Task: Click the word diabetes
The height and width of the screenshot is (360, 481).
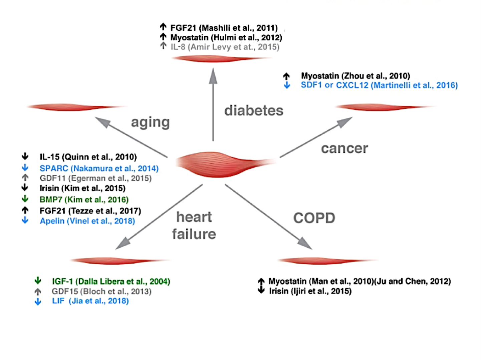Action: [x=254, y=110]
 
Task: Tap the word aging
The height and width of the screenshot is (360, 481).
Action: [x=150, y=123]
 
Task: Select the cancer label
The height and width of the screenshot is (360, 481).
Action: [x=344, y=149]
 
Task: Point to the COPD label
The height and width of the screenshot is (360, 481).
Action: [x=314, y=218]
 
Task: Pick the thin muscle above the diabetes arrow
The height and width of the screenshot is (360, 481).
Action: [x=221, y=59]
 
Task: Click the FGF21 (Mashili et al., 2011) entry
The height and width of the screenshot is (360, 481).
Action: [x=224, y=28]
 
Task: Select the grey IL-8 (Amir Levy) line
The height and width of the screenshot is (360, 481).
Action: [x=225, y=47]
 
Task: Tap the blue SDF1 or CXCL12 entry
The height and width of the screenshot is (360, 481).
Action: [x=379, y=85]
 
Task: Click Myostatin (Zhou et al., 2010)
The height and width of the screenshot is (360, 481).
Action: [x=355, y=76]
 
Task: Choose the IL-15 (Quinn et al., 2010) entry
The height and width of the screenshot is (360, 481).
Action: [x=88, y=157]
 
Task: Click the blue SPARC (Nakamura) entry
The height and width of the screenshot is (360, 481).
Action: [x=99, y=168]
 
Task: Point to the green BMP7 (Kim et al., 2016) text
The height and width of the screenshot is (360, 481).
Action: [x=84, y=200]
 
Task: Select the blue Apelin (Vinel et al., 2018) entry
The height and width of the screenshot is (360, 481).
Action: [x=87, y=221]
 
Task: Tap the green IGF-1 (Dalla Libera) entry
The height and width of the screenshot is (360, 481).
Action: [x=111, y=281]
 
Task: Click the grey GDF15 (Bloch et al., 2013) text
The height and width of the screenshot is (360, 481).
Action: [x=102, y=292]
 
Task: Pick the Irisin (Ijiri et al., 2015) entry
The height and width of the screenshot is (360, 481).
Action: [x=310, y=291]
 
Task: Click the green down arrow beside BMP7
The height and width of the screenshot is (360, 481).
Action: [x=25, y=199]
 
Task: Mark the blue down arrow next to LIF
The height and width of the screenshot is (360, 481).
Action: [x=38, y=302]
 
